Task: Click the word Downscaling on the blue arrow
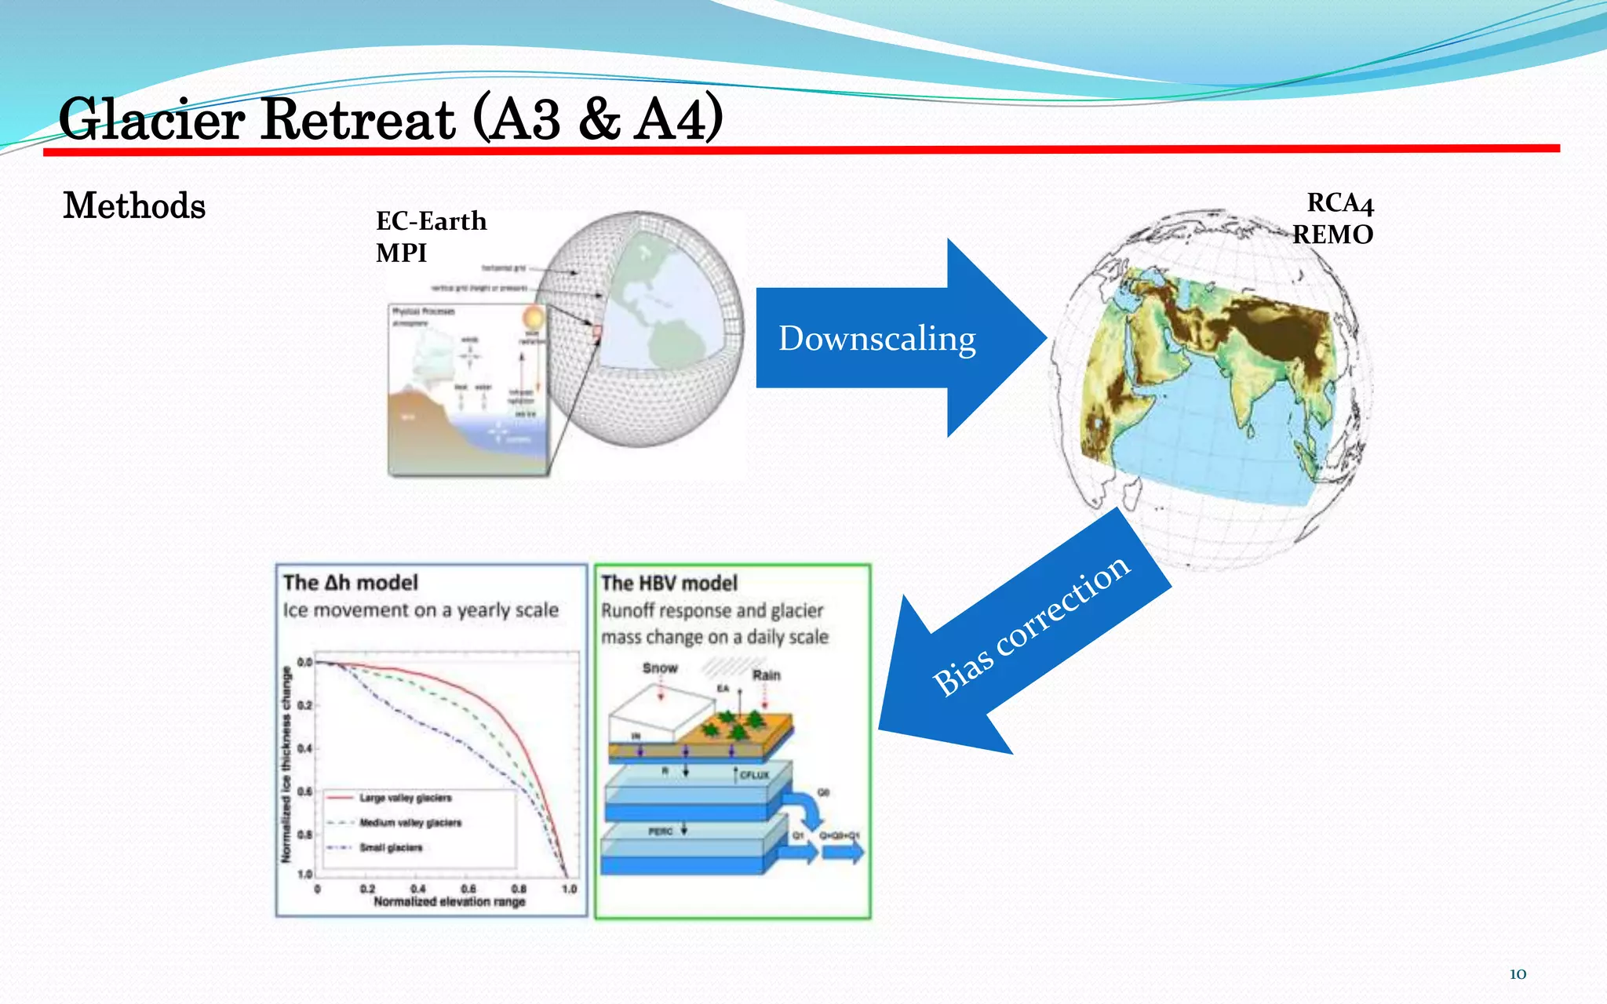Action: tap(876, 339)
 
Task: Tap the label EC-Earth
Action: tap(431, 221)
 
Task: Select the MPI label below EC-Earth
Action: tap(401, 253)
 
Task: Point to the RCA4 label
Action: tap(1339, 203)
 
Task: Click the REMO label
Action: tap(1332, 235)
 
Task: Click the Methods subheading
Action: tap(134, 206)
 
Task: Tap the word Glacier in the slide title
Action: tap(151, 120)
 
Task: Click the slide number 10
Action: tap(1518, 974)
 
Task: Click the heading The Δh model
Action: tap(350, 583)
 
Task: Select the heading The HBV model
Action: tap(669, 584)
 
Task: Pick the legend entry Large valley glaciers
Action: tap(405, 798)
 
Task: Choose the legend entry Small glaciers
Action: tap(391, 847)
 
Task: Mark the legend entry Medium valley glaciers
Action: tap(410, 823)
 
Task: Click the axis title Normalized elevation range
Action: tap(449, 902)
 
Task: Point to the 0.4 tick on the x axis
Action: tap(417, 889)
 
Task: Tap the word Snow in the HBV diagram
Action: tap(659, 668)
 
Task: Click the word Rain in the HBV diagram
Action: tap(766, 675)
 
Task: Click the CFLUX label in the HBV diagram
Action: tap(754, 774)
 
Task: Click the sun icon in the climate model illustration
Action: tap(533, 318)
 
